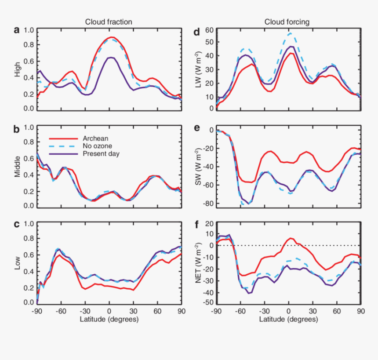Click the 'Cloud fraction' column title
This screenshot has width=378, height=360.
pos(109,22)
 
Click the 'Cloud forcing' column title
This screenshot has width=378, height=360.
pos(287,22)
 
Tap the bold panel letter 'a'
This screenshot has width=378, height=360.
pos(17,30)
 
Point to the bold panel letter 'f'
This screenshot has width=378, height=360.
pos(196,224)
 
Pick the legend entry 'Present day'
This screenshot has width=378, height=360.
pos(101,154)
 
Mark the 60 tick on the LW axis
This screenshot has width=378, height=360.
pos(208,30)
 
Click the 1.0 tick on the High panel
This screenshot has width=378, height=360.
pos(29,30)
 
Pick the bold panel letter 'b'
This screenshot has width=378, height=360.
pos(17,129)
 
